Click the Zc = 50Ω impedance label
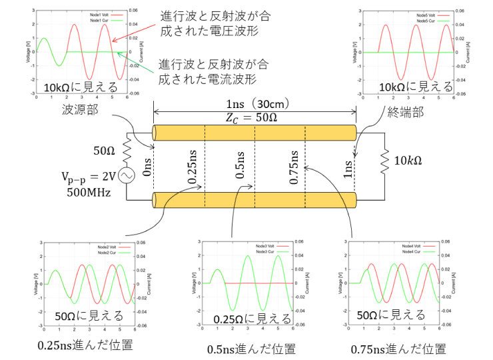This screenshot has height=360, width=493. coord(254,117)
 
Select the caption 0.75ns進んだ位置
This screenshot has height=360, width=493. coord(398,348)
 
